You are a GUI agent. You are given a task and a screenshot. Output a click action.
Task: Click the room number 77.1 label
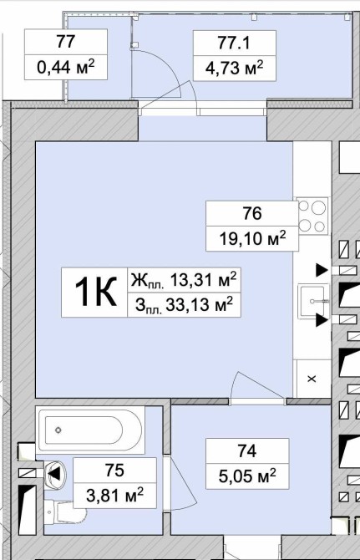(x=234, y=43)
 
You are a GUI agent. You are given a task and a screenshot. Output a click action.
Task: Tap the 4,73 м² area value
(x=234, y=68)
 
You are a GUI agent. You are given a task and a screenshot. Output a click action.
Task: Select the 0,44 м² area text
(x=66, y=66)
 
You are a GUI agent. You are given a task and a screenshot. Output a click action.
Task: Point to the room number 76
(x=252, y=213)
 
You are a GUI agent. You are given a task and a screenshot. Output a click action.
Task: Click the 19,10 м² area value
(x=252, y=238)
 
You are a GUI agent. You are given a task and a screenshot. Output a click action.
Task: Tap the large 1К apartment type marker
(x=95, y=293)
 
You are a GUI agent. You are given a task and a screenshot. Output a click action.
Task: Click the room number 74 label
(x=247, y=451)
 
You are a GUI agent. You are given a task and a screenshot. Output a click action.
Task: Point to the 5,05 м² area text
(x=247, y=476)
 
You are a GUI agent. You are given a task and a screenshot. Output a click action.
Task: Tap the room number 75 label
(x=114, y=470)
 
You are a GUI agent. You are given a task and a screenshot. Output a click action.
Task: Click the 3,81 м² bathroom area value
(x=114, y=495)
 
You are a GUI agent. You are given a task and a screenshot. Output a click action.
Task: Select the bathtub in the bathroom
(x=90, y=430)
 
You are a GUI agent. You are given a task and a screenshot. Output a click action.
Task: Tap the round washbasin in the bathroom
(x=54, y=475)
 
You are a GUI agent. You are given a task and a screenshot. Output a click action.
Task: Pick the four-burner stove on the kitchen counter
(x=312, y=216)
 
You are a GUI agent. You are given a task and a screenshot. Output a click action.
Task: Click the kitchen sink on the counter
(x=314, y=302)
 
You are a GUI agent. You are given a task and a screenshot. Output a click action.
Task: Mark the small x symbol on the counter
(x=312, y=379)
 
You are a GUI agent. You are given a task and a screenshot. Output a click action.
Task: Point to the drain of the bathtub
(x=58, y=430)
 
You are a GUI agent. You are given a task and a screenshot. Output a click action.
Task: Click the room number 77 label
(x=66, y=42)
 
